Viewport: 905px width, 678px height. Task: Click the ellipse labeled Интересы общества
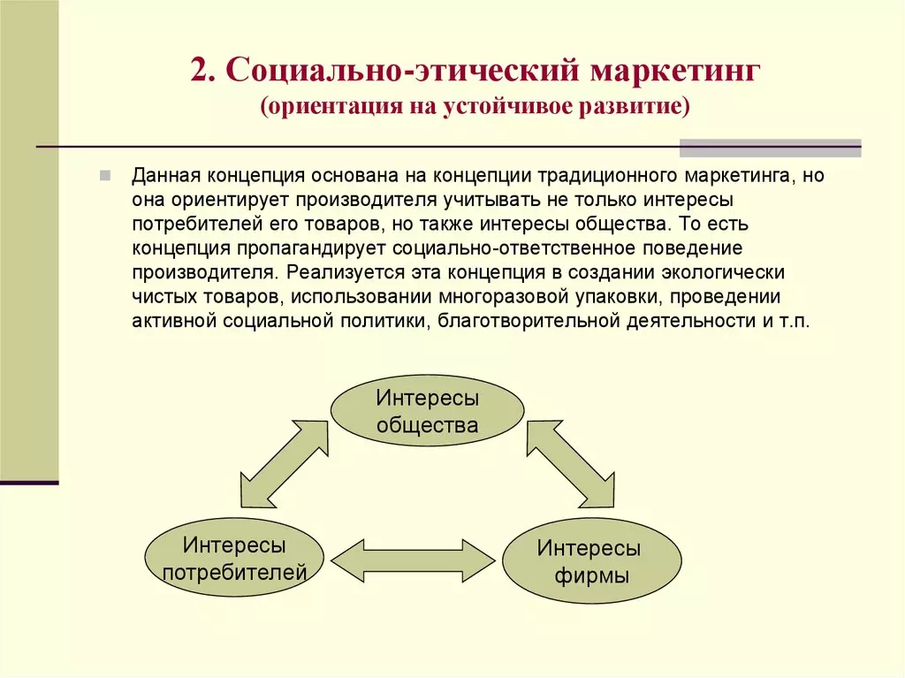427,411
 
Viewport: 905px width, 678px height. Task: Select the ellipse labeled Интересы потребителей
234,557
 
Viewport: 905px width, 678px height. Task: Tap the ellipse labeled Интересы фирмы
591,560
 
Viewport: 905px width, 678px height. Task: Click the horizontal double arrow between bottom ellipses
414,560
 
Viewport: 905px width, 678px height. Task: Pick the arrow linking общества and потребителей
284,464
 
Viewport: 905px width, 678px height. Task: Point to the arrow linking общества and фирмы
571,464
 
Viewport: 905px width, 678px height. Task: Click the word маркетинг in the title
674,71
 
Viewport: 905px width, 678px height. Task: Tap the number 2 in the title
199,71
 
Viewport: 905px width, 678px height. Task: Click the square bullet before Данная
105,176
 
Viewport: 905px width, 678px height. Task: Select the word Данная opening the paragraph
166,176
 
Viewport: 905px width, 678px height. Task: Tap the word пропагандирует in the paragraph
311,248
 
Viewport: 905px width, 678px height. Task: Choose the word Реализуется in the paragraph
346,272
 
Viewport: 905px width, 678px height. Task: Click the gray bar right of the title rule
770,149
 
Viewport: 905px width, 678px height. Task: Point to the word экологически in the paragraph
723,272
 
